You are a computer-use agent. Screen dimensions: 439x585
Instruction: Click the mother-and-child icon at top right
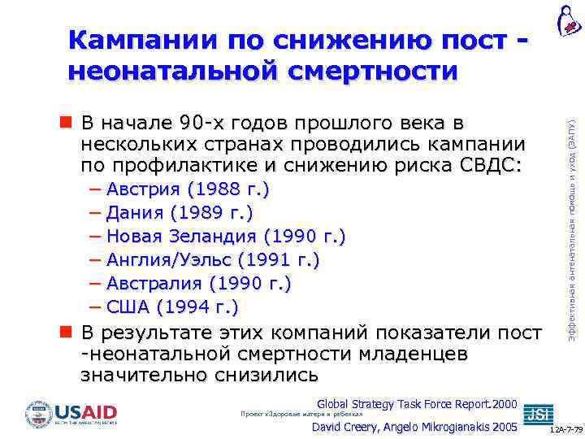(x=566, y=20)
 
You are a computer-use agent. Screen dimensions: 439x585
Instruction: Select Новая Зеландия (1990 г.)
(x=226, y=237)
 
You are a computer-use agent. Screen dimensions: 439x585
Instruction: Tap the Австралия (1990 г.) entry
(x=199, y=284)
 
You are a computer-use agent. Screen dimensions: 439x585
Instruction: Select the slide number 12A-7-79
(x=565, y=428)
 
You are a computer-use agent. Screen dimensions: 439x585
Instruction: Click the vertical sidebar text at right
(x=571, y=219)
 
